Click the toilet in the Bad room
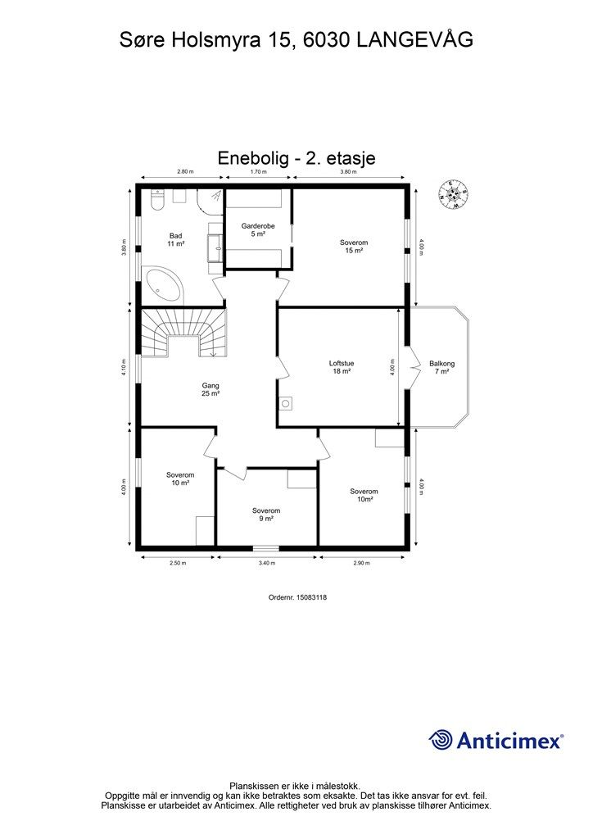[158, 200]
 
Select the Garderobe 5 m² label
[258, 229]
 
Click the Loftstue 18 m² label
[342, 367]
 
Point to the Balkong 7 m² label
[441, 367]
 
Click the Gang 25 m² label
[210, 389]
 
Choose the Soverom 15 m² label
[354, 246]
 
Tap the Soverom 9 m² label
[266, 515]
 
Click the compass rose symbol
[453, 193]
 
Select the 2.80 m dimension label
[185, 172]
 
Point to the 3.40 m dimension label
[266, 562]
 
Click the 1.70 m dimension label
[258, 172]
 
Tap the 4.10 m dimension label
[124, 367]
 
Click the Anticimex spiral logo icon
[441, 740]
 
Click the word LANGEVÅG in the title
[414, 40]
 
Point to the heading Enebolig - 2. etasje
[296, 158]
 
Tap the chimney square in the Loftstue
[286, 403]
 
